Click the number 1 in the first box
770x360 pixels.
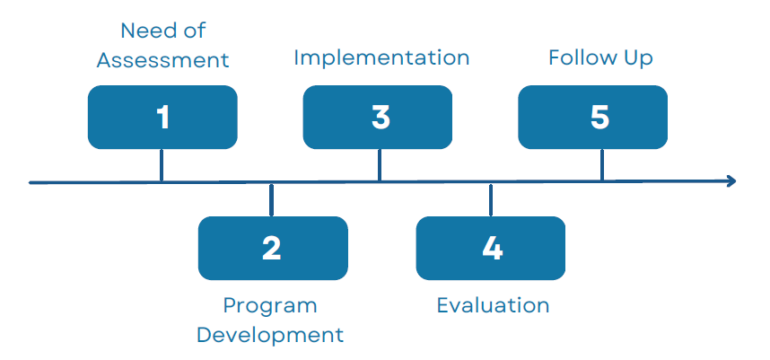pos(162,117)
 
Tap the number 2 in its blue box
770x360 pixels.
pos(272,248)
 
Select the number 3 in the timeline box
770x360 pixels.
pos(381,117)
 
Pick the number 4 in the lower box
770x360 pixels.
pos(492,248)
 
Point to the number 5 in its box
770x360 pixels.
pos(599,117)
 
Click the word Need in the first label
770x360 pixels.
pos(144,31)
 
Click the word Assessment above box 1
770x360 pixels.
pos(162,60)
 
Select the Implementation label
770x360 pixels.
pos(381,58)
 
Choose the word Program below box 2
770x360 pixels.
pos(270,305)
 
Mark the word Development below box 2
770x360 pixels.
pos(270,335)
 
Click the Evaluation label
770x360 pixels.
pos(493,305)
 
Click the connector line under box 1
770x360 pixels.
pos(162,165)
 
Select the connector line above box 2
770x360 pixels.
pos(271,199)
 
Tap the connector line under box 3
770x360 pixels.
pos(380,165)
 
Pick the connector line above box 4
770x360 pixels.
pos(491,199)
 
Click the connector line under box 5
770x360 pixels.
pos(601,165)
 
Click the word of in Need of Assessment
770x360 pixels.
pos(195,31)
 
